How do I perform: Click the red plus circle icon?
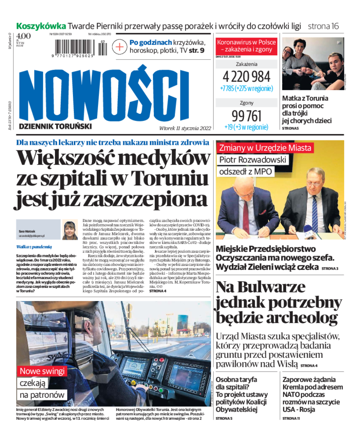[x=120, y=46]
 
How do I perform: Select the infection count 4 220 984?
[x=246, y=75]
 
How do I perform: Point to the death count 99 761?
[x=246, y=116]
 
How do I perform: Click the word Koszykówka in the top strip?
[x=41, y=26]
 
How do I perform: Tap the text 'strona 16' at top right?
[x=323, y=26]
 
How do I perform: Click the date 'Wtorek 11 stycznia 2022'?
[x=185, y=128]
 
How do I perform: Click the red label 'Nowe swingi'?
[x=42, y=371]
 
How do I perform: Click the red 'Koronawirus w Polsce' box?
[x=246, y=45]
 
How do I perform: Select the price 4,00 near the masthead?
[x=23, y=36]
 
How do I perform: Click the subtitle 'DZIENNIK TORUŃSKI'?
[x=55, y=126]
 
